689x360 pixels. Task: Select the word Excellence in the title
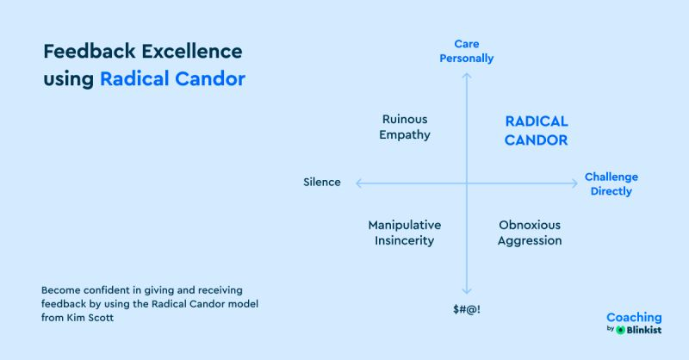189,51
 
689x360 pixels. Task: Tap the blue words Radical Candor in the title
172,78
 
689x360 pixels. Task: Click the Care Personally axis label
467,51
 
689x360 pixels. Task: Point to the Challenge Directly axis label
611,183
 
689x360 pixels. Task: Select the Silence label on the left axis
322,183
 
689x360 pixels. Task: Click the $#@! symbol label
467,308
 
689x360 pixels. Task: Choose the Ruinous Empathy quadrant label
405,127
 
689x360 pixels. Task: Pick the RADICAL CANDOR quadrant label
536,131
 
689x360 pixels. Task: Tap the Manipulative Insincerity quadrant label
405,233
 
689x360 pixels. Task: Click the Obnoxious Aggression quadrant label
530,233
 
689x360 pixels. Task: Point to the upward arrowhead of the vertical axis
467,76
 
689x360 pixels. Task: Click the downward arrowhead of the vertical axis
467,292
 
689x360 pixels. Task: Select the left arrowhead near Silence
358,183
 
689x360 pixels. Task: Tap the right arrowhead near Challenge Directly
574,183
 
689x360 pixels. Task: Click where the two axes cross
467,183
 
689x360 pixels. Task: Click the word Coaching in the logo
634,318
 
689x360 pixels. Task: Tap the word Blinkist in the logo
644,330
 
